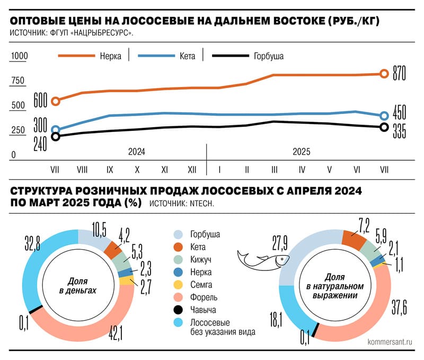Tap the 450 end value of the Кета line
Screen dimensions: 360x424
400,112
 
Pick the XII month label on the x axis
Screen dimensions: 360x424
192,170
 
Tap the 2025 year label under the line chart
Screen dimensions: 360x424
301,152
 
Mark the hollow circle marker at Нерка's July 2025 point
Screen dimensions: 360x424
385,74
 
